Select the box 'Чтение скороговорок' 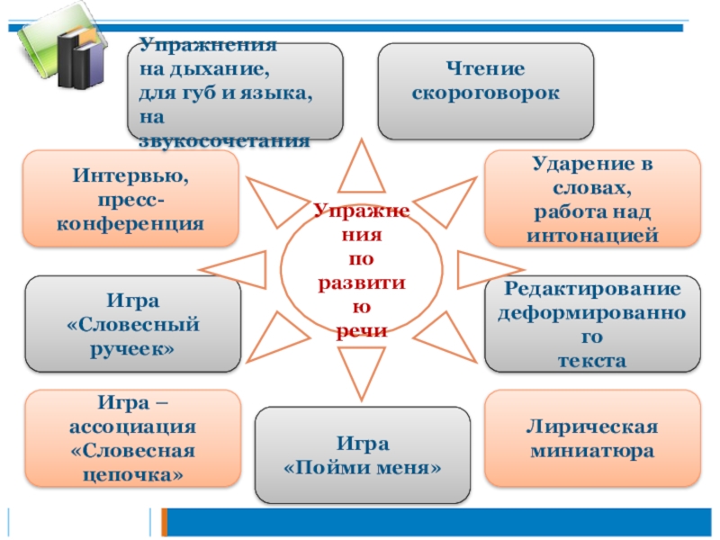click(x=485, y=91)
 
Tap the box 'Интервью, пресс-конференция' click(x=131, y=199)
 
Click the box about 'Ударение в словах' click(x=592, y=199)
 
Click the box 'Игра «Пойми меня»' click(x=363, y=455)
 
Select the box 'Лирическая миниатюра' click(x=592, y=437)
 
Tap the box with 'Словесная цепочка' click(x=132, y=437)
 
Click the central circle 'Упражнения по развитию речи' click(x=362, y=270)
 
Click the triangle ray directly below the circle click(x=362, y=370)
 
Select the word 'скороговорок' click(x=485, y=93)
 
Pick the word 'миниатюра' click(x=592, y=448)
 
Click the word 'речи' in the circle click(x=362, y=331)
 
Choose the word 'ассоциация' click(x=132, y=426)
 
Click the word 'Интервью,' click(x=131, y=177)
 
